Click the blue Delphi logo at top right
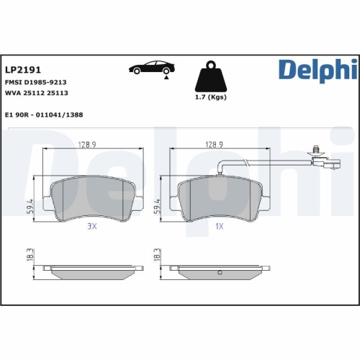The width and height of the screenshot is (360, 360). click(x=316, y=71)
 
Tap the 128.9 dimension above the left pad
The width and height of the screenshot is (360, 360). click(x=89, y=144)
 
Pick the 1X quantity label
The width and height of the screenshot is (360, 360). click(x=218, y=227)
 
